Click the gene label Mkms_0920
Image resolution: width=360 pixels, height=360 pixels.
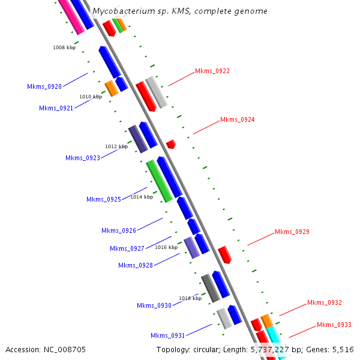coord(44,86)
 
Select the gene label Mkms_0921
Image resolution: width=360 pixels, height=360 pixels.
coord(56,108)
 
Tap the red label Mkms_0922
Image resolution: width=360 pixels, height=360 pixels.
coord(212,71)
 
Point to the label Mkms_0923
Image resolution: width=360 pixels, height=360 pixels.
coord(83,158)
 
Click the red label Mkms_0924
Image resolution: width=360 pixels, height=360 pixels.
coord(238,119)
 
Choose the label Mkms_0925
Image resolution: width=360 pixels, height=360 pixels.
coord(104,199)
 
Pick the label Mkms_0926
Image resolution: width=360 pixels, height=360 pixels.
coord(119,230)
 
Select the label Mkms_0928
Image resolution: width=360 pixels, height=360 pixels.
coord(136,265)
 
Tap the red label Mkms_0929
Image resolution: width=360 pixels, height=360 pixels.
coord(292,232)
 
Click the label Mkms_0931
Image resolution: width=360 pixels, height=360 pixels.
coord(168,335)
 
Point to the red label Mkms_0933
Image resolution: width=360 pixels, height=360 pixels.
coord(334,325)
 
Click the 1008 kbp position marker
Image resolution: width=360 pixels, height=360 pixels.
coord(64,47)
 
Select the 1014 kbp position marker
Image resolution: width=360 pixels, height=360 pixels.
coord(142,197)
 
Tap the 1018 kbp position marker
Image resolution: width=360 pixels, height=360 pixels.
coord(190,298)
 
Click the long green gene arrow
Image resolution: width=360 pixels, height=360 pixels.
coord(160,181)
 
